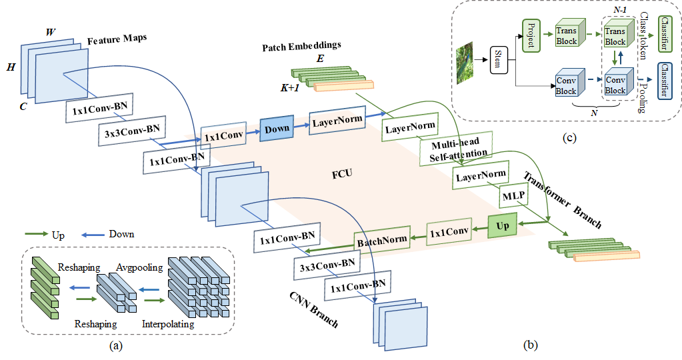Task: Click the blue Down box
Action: pos(277,128)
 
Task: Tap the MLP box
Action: pos(514,196)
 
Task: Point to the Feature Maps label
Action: pos(117,41)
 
